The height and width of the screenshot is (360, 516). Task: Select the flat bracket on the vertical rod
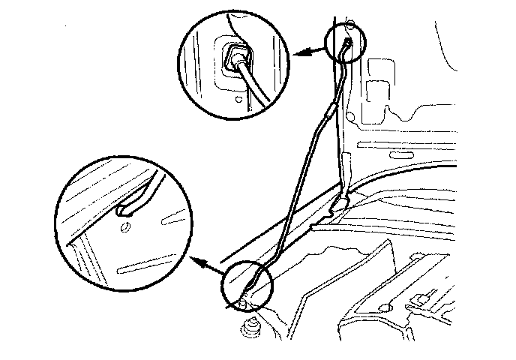[x=345, y=162]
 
